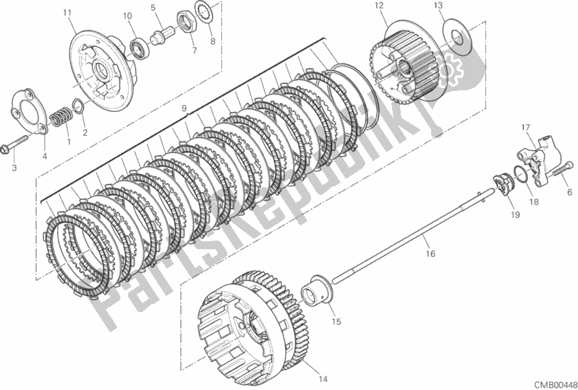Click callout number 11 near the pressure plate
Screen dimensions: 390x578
point(67,13)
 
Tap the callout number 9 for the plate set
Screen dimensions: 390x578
point(184,108)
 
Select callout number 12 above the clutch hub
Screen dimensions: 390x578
point(378,6)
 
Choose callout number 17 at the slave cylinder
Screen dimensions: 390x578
point(527,129)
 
